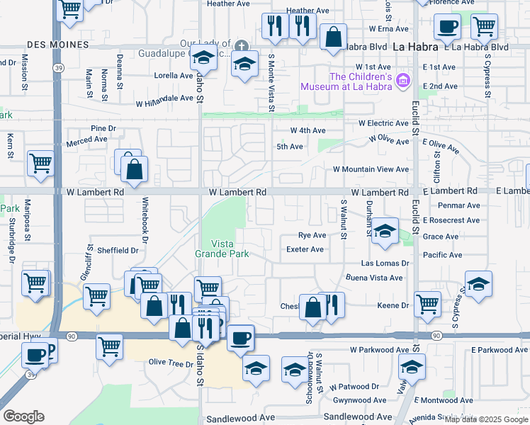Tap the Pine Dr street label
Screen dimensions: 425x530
coord(103,129)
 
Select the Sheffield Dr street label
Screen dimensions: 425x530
coord(118,250)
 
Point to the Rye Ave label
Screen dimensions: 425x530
coord(312,234)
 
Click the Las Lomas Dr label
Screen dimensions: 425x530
coord(385,263)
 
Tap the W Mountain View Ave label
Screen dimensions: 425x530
coord(371,170)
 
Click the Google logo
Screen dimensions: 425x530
coord(23,416)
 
